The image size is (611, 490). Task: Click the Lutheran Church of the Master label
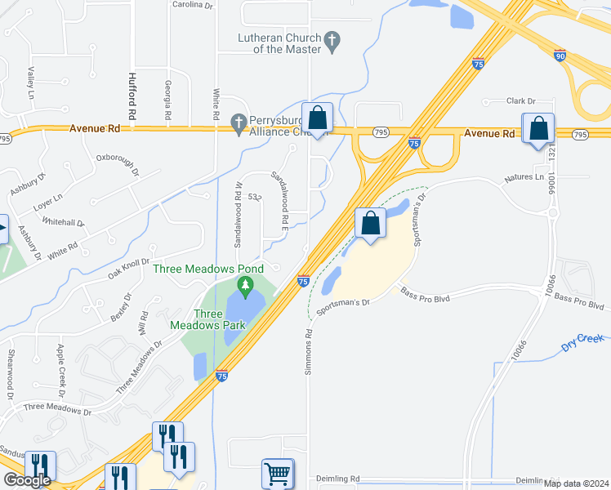(278, 43)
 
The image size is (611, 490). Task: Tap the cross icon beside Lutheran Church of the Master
(332, 39)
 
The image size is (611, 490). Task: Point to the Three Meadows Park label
(207, 319)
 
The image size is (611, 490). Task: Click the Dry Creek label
(582, 344)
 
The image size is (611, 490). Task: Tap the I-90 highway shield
(559, 56)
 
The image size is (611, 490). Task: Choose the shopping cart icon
(278, 474)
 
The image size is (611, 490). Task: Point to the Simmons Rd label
(309, 352)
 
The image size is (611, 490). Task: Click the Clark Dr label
(520, 101)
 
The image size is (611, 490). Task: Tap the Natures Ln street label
(524, 177)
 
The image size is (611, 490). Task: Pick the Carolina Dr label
(192, 4)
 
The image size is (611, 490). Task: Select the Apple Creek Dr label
(60, 365)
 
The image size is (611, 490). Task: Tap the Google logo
(27, 479)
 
